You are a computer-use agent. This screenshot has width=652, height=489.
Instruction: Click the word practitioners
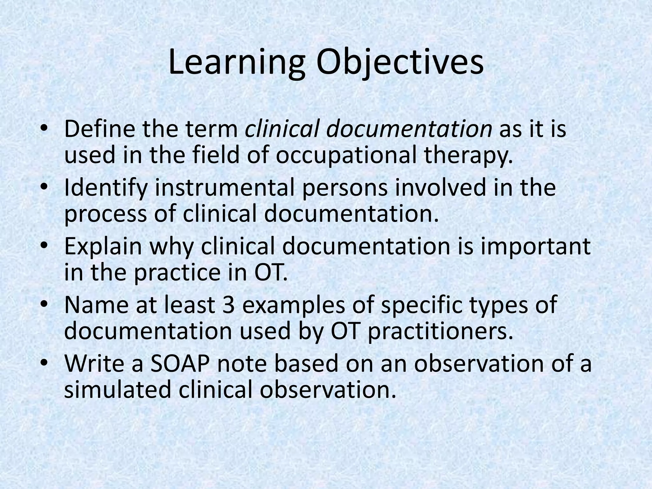pos(441,331)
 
